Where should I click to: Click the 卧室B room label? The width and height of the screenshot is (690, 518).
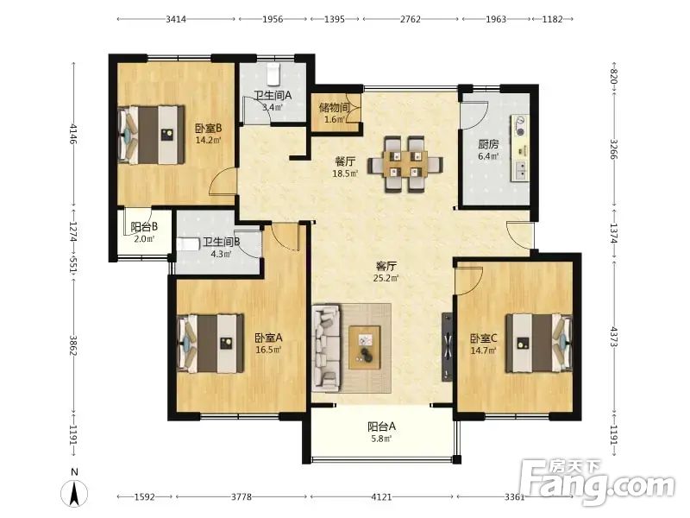click(208, 128)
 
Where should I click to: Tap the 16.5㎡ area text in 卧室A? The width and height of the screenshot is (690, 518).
click(268, 350)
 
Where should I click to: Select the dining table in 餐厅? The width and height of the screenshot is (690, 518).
click(405, 164)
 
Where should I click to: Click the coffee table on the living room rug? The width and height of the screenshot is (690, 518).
click(365, 347)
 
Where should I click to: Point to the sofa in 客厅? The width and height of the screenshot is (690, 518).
click(326, 348)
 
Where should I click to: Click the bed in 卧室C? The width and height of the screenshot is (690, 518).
click(539, 343)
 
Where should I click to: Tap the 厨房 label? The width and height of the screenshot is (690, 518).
click(488, 144)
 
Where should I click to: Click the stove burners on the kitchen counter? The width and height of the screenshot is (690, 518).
click(521, 125)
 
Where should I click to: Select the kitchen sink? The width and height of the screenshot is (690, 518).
click(521, 169)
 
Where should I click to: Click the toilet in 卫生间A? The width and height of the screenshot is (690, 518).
click(273, 74)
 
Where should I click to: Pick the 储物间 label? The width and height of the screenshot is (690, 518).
click(334, 107)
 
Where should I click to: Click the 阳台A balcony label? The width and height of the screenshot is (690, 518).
click(381, 426)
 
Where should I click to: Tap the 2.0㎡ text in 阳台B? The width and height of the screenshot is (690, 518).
click(144, 239)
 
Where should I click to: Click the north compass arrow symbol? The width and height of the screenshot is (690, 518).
click(74, 492)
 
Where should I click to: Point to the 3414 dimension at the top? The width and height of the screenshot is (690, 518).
click(176, 19)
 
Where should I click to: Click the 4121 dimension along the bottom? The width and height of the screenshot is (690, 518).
click(381, 497)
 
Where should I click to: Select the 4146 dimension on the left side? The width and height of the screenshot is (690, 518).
click(73, 135)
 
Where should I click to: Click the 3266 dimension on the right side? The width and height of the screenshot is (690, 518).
click(614, 149)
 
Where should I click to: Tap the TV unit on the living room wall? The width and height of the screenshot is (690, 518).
click(447, 348)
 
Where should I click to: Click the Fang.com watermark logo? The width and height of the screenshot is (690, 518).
click(597, 483)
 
